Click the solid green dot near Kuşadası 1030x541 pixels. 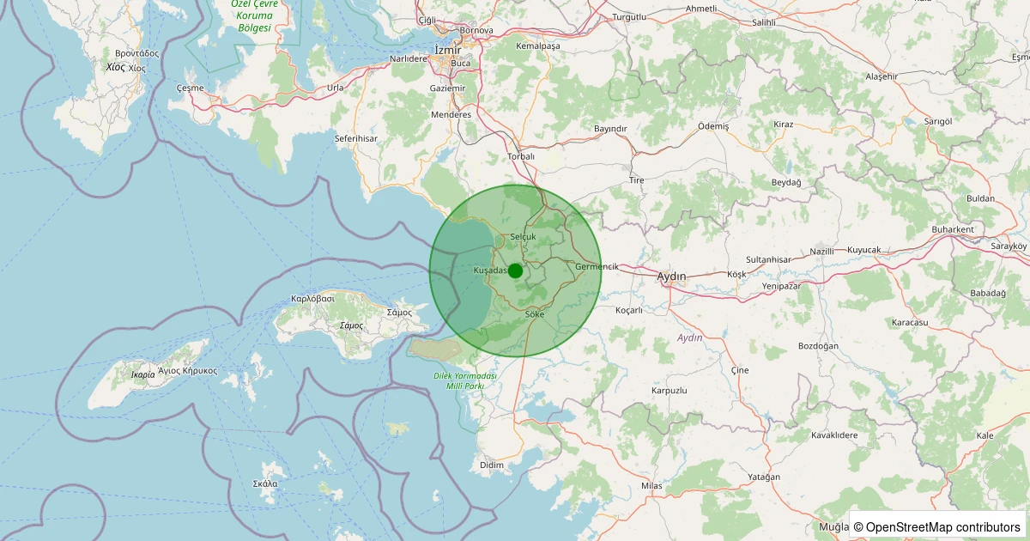(x=515, y=270)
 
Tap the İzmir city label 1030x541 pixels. (x=448, y=50)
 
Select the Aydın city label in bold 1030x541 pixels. (x=671, y=277)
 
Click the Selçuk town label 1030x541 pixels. (x=523, y=236)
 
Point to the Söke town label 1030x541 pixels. (x=534, y=315)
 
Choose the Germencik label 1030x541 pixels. (x=597, y=266)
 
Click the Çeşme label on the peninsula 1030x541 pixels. (x=191, y=88)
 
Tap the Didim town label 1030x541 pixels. (x=492, y=465)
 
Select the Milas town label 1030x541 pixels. (x=652, y=486)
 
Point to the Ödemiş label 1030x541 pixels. (x=713, y=125)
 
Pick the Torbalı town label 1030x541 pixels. (x=521, y=156)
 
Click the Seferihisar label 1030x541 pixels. (x=355, y=137)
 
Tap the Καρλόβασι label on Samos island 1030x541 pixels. (x=312, y=299)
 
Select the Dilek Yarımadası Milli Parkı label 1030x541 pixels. (x=465, y=381)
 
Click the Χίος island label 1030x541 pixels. (x=115, y=67)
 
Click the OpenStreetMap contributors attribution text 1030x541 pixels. (x=937, y=526)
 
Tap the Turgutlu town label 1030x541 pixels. (x=629, y=17)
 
